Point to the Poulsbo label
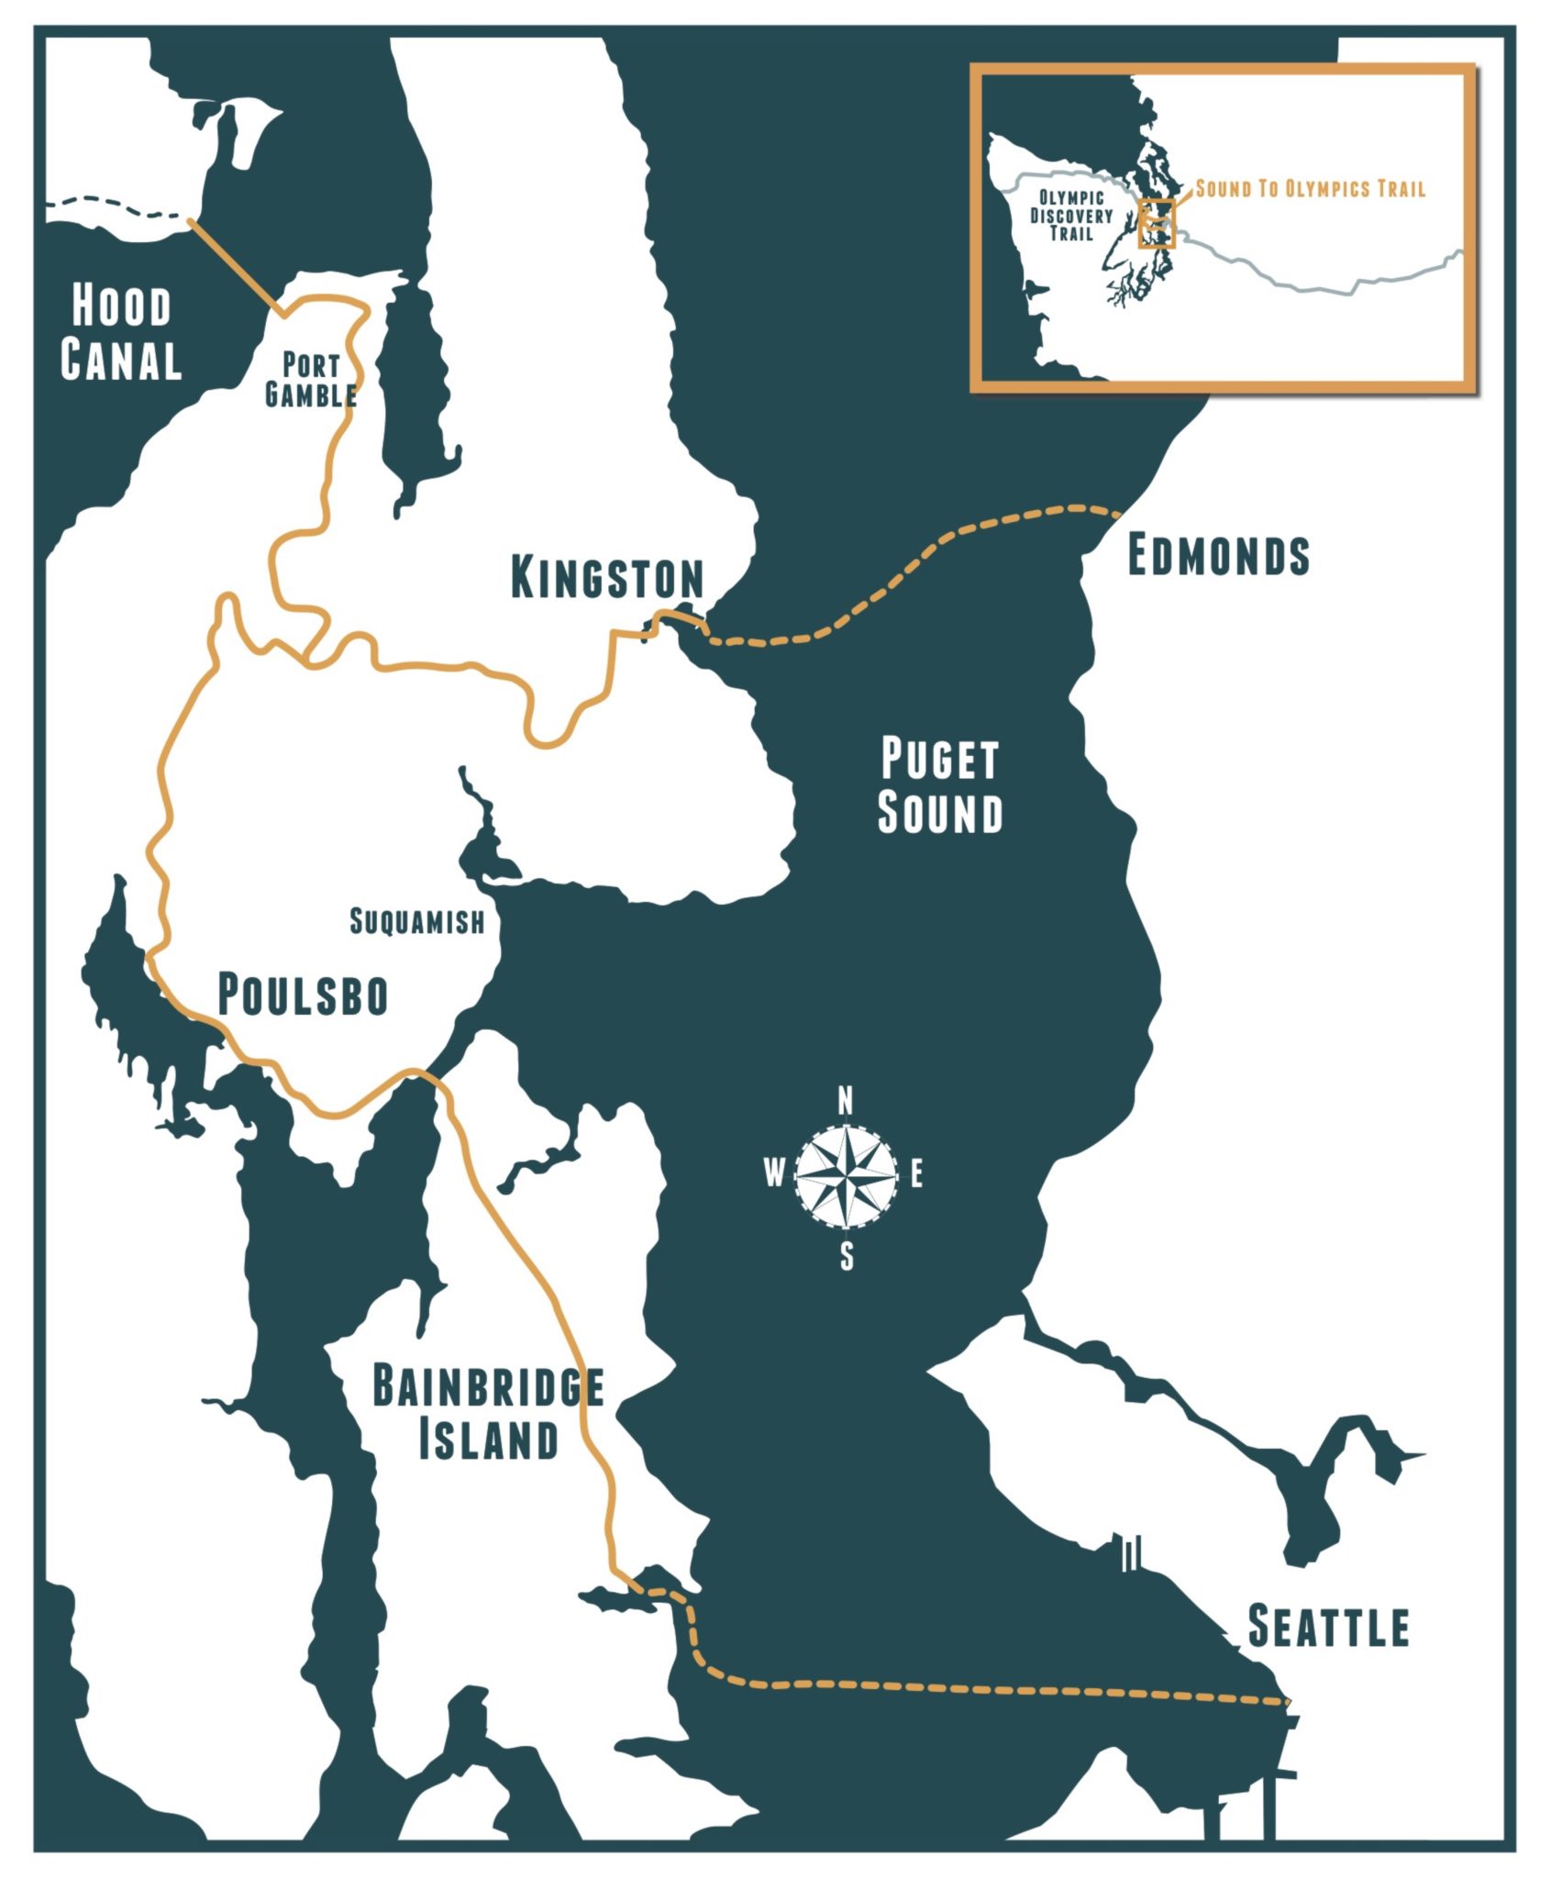click(303, 995)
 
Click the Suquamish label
click(417, 921)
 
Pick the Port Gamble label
click(311, 380)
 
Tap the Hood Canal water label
click(121, 333)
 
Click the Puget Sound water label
click(940, 786)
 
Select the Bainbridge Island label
click(488, 1413)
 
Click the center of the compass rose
click(846, 1174)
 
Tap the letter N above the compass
click(846, 1100)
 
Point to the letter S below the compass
click(847, 1256)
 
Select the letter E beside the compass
click(915, 1174)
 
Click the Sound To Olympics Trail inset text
click(1311, 189)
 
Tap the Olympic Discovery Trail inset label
click(1070, 216)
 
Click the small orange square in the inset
click(1156, 223)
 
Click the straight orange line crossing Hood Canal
click(234, 266)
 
